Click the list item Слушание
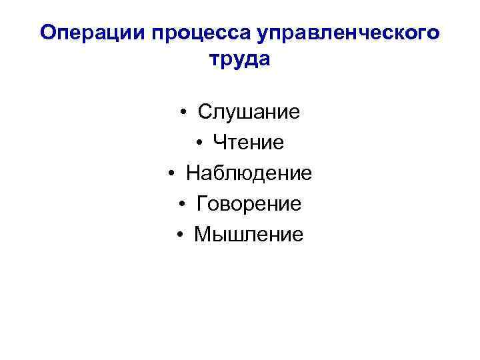tap(249, 112)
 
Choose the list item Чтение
tap(249, 143)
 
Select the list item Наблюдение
tap(249, 173)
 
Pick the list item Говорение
tap(249, 204)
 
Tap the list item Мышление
tap(249, 235)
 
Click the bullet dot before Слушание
tap(183, 112)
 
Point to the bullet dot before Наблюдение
tap(171, 173)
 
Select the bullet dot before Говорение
tap(181, 204)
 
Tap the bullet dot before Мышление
tap(180, 235)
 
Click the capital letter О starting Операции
tap(48, 33)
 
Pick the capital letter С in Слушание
tap(205, 112)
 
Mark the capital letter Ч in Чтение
tap(219, 143)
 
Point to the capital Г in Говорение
tap(202, 204)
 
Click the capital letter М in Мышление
tap(202, 235)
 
